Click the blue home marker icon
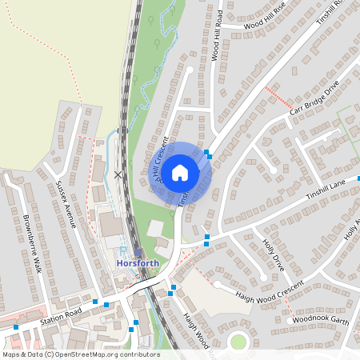click(180, 172)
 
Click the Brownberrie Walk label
click(33, 243)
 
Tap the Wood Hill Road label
click(216, 36)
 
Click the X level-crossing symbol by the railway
click(118, 174)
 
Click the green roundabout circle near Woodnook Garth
click(238, 342)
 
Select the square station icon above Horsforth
click(138, 252)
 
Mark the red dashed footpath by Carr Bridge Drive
click(278, 98)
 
